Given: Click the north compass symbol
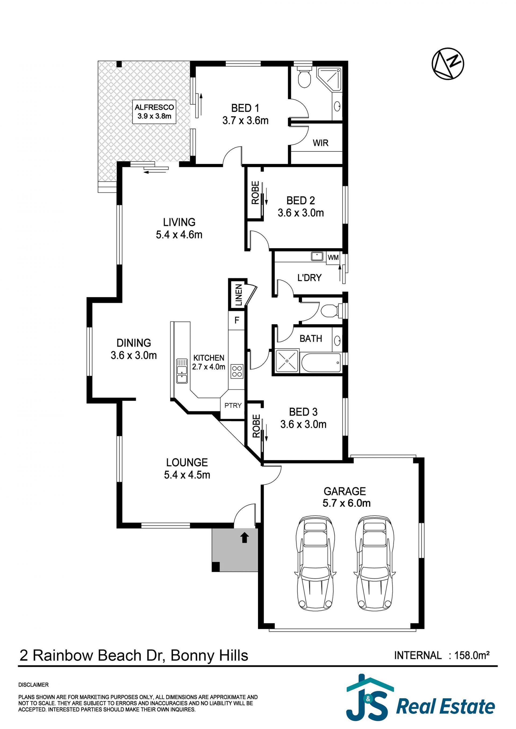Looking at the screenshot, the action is pyautogui.click(x=448, y=64).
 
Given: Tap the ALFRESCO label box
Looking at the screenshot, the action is pyautogui.click(x=154, y=112).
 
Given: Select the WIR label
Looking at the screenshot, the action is pyautogui.click(x=320, y=143).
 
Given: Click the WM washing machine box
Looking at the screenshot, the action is pyautogui.click(x=333, y=257).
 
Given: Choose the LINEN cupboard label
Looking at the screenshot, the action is pyautogui.click(x=238, y=295).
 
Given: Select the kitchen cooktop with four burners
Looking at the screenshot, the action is pyautogui.click(x=237, y=371).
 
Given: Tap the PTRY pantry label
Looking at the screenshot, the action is pyautogui.click(x=233, y=406).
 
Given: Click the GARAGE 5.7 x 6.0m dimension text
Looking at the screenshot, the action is pyautogui.click(x=346, y=503).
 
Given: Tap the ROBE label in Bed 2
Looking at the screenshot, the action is pyautogui.click(x=255, y=192).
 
